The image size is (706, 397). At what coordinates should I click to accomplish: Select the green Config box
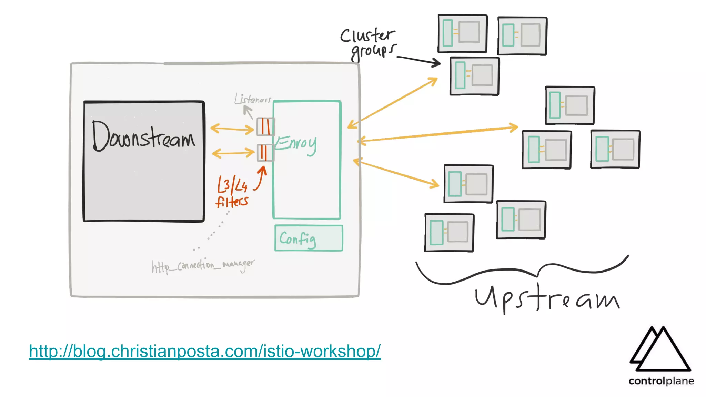309,238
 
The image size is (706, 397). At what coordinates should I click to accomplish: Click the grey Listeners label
252,99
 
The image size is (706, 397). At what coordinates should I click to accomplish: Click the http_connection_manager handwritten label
203,265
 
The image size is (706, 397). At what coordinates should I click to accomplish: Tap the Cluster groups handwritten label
367,43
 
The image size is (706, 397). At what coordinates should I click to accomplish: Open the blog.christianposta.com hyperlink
205,351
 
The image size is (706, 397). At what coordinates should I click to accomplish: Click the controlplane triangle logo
660,350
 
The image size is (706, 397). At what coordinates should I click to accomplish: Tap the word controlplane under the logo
661,381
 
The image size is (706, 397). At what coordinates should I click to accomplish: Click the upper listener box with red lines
265,126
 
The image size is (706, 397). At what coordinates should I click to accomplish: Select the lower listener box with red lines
265,153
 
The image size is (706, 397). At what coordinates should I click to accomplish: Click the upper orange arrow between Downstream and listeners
232,129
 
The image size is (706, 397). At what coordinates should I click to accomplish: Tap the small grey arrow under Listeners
248,112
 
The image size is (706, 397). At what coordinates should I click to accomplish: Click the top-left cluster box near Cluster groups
462,33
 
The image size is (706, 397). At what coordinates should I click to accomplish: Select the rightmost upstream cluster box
615,149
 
